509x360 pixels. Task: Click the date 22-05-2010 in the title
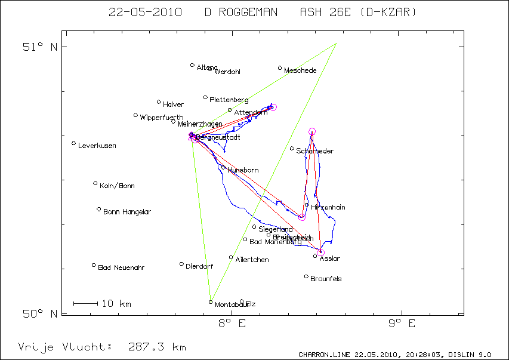(x=146, y=12)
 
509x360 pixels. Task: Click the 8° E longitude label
(x=232, y=324)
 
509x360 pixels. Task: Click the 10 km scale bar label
(x=116, y=304)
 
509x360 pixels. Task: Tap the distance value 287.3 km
(x=157, y=347)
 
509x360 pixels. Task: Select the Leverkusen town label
(x=97, y=146)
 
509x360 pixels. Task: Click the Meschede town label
(x=300, y=71)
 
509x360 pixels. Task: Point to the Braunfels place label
(x=326, y=279)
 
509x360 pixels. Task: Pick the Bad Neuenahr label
(x=121, y=267)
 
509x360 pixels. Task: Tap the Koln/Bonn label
(x=117, y=186)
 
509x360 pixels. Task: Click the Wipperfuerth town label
(x=162, y=118)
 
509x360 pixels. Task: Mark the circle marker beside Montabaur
(x=211, y=302)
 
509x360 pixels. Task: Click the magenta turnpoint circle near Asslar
(x=320, y=253)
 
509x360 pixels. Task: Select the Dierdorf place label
(x=199, y=266)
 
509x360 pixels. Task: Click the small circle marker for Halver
(x=159, y=102)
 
